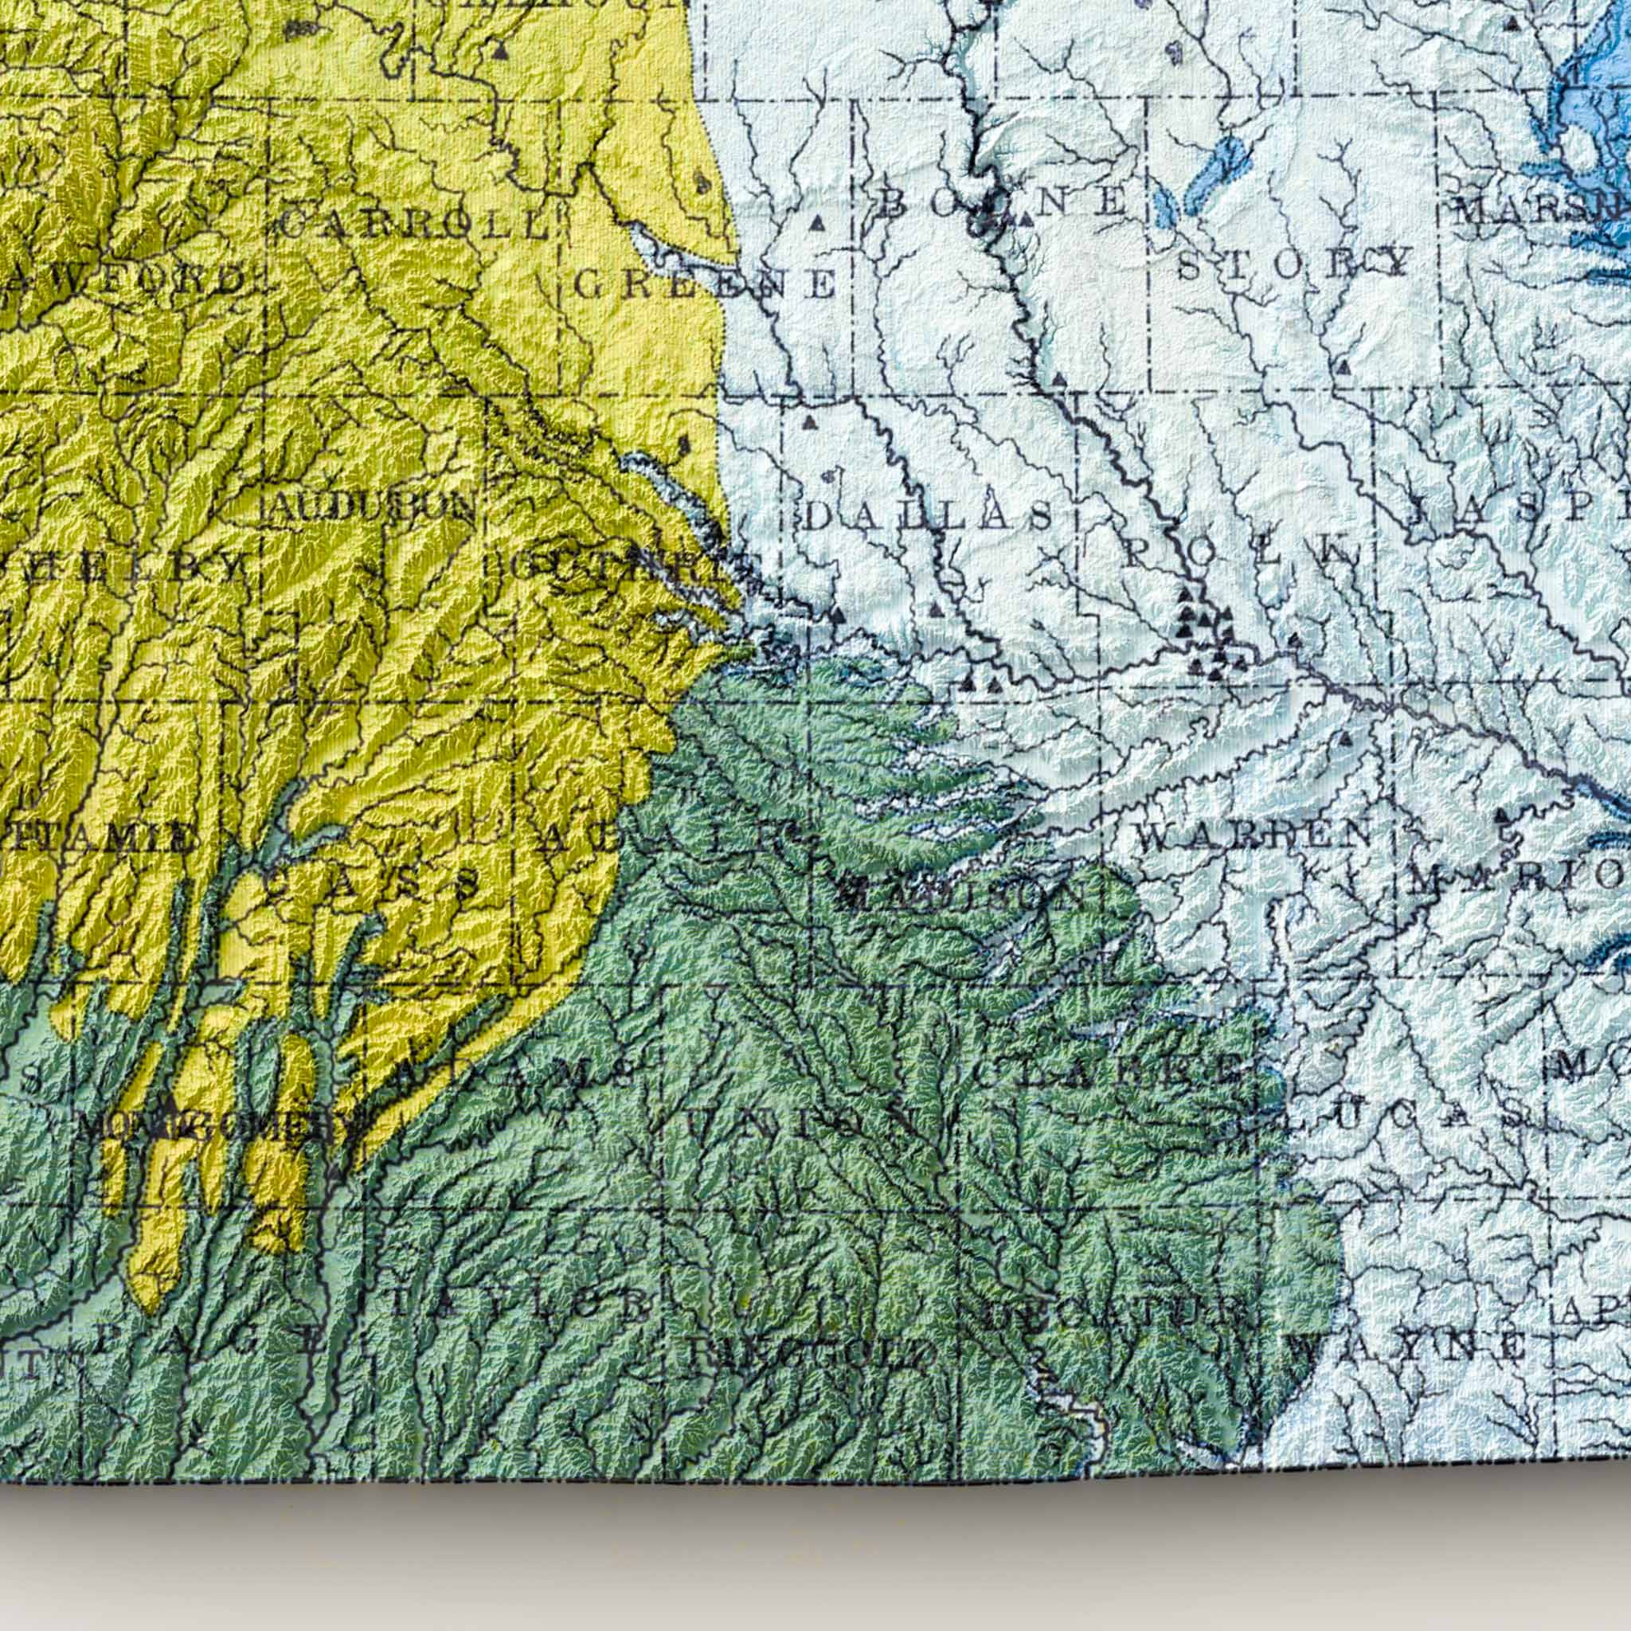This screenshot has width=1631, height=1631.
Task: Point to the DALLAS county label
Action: pyautogui.click(x=929, y=516)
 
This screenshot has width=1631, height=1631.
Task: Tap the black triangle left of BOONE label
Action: pyautogui.click(x=816, y=224)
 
